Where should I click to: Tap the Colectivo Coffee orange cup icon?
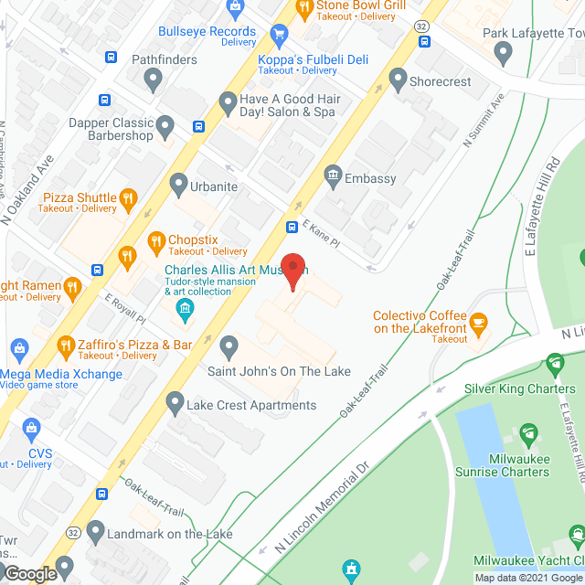click(x=478, y=322)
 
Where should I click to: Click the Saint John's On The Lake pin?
click(x=229, y=346)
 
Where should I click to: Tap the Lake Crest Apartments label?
click(x=251, y=405)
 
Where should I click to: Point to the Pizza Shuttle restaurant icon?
click(x=129, y=197)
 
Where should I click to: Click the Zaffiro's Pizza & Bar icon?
click(x=65, y=346)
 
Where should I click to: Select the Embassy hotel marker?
click(x=333, y=173)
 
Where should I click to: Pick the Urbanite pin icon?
click(x=178, y=186)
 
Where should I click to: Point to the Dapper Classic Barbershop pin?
click(x=165, y=124)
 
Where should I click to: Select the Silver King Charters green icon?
click(x=555, y=367)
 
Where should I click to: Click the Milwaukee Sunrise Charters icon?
click(x=527, y=433)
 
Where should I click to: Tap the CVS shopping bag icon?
click(x=33, y=429)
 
